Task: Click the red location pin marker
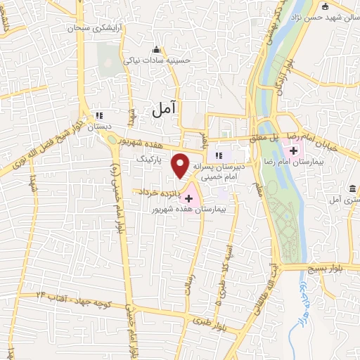pos(181,165)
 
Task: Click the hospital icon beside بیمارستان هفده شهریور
pos(188,199)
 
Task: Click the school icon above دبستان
pos(99,115)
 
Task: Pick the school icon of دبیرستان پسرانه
pos(218,155)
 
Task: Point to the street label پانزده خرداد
pos(158,191)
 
